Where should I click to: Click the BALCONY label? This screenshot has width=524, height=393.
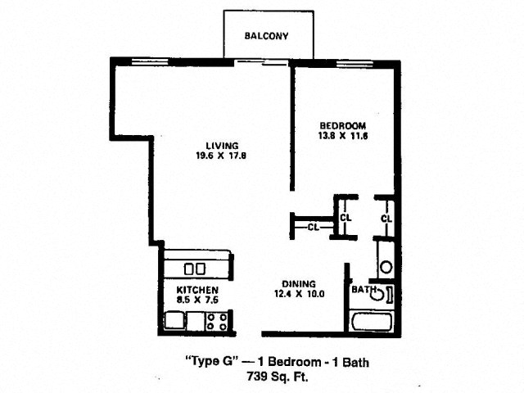click(x=266, y=36)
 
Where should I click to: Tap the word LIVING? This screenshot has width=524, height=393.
click(x=222, y=146)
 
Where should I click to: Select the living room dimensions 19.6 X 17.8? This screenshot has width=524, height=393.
click(x=222, y=156)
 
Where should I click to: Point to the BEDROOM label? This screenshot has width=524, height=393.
click(x=343, y=126)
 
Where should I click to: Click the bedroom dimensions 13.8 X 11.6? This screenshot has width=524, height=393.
click(x=343, y=136)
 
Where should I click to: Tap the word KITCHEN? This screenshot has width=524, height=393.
click(x=197, y=290)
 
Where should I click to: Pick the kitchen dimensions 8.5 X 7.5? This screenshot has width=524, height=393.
click(x=197, y=300)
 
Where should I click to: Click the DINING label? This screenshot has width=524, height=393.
click(x=299, y=284)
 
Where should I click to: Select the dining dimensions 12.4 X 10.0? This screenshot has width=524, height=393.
click(x=299, y=294)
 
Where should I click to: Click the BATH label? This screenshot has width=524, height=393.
click(x=364, y=289)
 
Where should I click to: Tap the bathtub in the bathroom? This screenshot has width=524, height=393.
click(x=371, y=322)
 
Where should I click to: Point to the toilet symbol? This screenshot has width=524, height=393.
click(x=383, y=294)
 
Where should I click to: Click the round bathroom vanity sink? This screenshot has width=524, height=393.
click(x=386, y=268)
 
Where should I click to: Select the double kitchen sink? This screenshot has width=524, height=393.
click(x=195, y=269)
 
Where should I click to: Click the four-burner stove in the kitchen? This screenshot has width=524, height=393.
click(x=216, y=322)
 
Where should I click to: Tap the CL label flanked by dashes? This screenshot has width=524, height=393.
click(x=313, y=228)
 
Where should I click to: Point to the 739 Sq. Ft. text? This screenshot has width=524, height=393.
click(x=278, y=377)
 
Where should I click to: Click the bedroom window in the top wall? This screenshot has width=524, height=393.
click(x=355, y=64)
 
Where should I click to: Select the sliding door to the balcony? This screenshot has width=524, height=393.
click(x=261, y=62)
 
